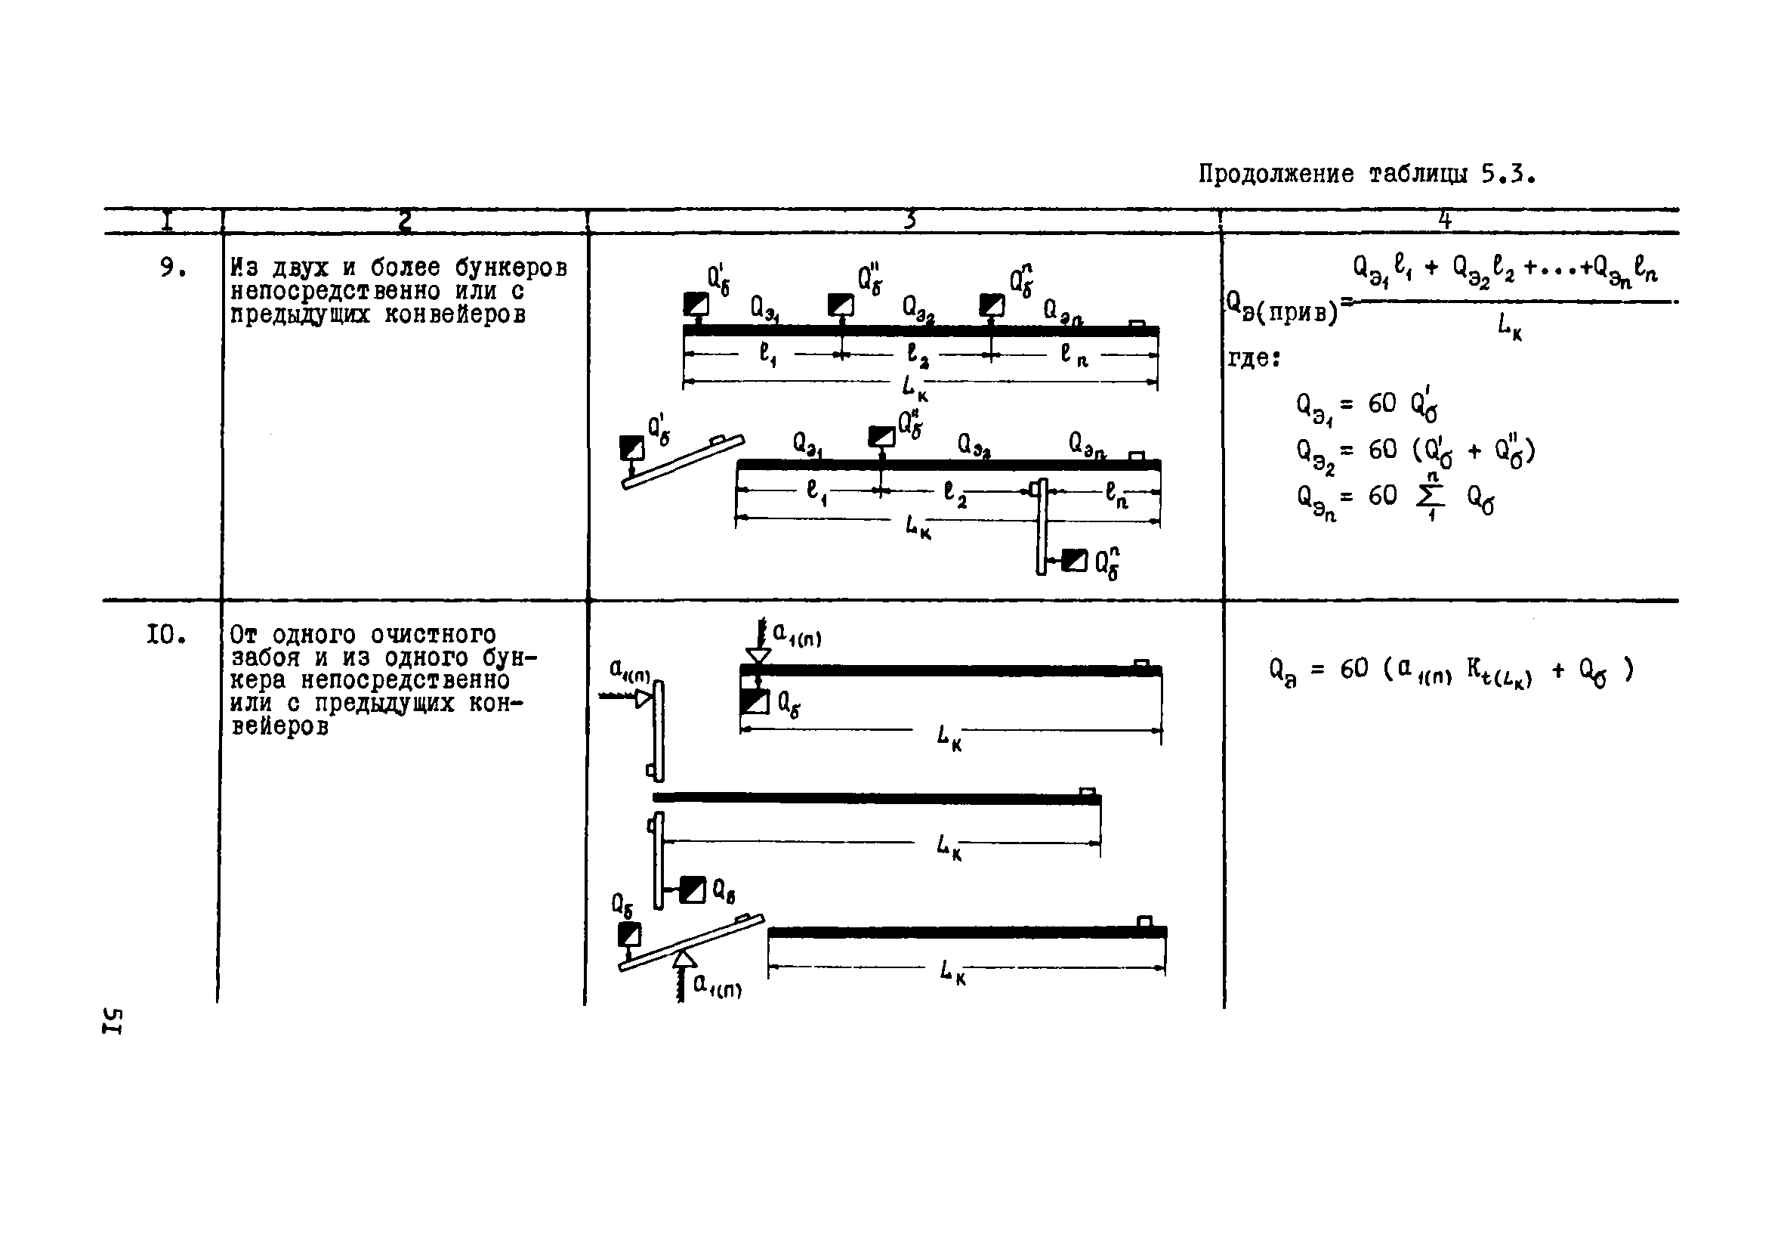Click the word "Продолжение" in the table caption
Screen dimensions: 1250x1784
(x=1275, y=174)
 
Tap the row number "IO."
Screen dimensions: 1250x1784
(x=166, y=635)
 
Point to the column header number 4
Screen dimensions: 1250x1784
(x=1444, y=221)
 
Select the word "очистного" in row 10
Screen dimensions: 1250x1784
(x=434, y=635)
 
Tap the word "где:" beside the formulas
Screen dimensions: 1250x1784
(x=1253, y=358)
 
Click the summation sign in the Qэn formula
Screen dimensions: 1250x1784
(x=1426, y=497)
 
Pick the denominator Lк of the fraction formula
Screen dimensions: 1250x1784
(x=1509, y=326)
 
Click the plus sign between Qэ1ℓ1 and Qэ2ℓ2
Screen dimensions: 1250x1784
(x=1431, y=268)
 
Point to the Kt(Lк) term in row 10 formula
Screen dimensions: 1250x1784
(x=1498, y=672)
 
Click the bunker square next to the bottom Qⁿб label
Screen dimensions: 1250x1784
(x=1075, y=560)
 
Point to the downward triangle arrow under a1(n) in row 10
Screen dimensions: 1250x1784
(x=758, y=655)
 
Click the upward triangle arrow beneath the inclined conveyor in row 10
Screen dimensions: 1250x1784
(x=684, y=958)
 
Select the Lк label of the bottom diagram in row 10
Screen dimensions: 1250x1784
(x=952, y=972)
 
